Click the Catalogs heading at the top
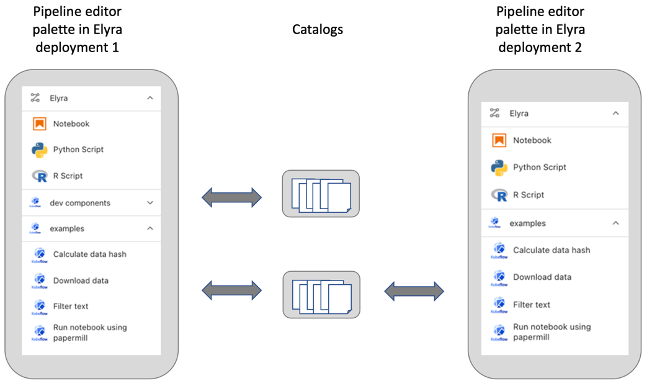(318, 29)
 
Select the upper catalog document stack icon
(321, 194)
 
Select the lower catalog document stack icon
(321, 295)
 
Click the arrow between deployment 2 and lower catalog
(414, 291)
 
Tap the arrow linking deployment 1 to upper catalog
(231, 198)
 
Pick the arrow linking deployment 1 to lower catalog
(231, 290)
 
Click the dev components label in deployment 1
(80, 203)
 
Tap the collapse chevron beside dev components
(150, 203)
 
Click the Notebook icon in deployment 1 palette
(40, 124)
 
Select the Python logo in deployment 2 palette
(499, 168)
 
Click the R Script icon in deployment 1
(40, 176)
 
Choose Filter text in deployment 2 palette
(531, 305)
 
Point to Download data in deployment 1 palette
(81, 281)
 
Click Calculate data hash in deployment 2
(551, 250)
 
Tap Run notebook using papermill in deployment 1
(89, 332)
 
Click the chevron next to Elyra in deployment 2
(615, 114)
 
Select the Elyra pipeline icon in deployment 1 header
(35, 98)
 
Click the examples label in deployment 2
(527, 223)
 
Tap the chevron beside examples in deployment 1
(150, 228)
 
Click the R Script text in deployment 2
(528, 195)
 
